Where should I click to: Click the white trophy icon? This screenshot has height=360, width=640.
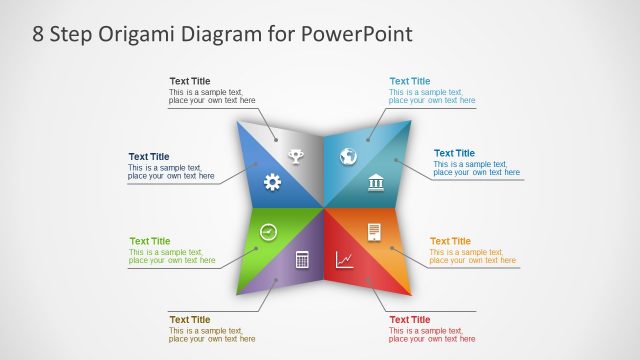[296, 155]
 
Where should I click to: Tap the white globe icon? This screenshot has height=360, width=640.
[349, 156]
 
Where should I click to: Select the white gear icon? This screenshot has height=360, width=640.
[272, 181]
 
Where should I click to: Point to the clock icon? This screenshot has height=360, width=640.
[268, 232]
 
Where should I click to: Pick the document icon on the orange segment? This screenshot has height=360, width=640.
[374, 232]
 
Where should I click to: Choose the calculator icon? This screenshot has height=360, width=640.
[301, 260]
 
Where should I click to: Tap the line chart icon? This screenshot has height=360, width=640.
[344, 260]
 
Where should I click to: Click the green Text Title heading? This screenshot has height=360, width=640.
[150, 241]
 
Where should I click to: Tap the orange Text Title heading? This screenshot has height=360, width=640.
[450, 241]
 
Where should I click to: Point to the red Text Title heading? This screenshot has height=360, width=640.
[409, 319]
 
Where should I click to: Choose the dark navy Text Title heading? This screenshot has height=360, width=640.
[149, 156]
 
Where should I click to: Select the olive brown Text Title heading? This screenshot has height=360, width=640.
[190, 319]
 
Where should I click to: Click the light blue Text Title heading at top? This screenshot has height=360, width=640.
[409, 81]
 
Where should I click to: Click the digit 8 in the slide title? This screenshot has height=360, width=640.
[38, 34]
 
